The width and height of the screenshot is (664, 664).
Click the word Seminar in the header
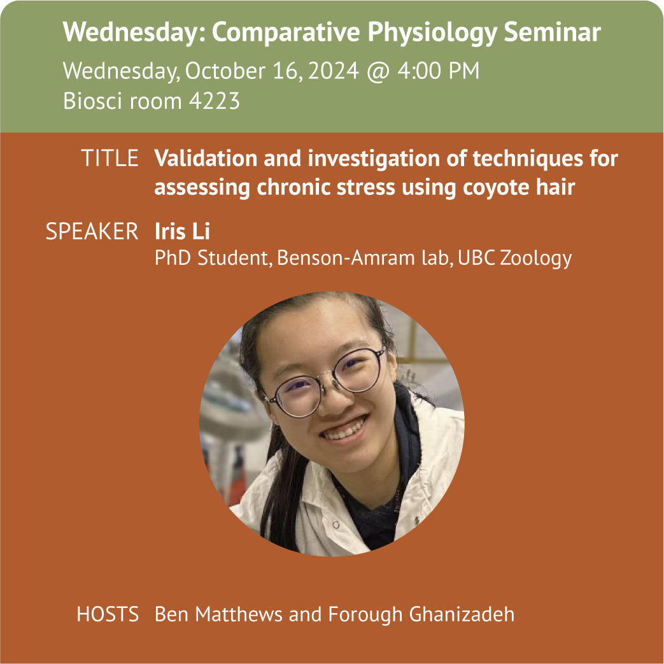coord(552,32)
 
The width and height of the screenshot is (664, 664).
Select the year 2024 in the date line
coord(334,70)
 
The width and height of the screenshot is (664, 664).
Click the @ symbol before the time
coord(378,71)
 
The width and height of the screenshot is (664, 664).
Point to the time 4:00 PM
coord(438,70)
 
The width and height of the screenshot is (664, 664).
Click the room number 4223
coord(215,101)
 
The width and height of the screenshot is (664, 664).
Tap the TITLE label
coord(109,158)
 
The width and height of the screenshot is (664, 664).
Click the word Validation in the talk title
coord(206,159)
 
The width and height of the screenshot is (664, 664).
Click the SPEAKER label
coord(92,231)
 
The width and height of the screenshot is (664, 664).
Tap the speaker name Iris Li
coord(182,231)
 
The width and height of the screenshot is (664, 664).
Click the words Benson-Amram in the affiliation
coord(346,258)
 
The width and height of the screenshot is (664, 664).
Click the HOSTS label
coord(108,614)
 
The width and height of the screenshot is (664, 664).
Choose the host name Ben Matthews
coord(218,614)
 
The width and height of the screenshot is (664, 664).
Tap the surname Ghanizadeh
coord(462,614)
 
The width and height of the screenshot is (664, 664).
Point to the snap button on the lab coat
coord(336,525)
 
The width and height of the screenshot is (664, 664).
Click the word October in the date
coord(225,70)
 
